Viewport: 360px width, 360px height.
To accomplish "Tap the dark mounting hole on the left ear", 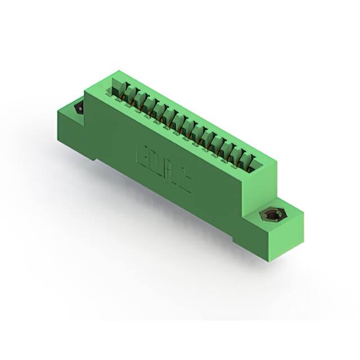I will (x=79, y=107).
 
